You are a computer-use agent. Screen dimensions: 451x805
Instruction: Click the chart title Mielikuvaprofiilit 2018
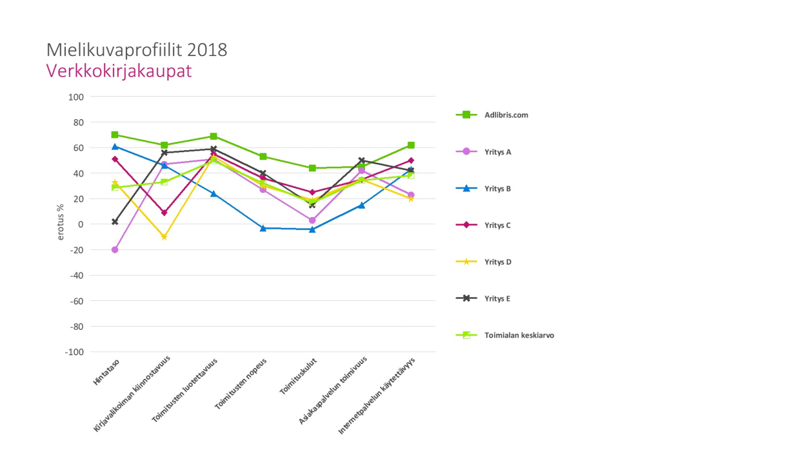[137, 50]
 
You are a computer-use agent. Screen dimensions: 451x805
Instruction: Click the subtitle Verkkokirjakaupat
[119, 71]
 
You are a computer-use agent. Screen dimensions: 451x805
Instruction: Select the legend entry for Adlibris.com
[506, 115]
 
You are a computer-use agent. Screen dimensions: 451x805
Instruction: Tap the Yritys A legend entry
[497, 152]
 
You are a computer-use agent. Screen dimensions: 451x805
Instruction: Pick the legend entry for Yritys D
[497, 262]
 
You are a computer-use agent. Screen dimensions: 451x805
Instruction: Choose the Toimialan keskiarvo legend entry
[519, 336]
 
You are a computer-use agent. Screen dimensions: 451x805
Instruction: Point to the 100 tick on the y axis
[76, 97]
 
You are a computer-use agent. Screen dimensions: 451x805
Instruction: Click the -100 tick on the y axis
[74, 352]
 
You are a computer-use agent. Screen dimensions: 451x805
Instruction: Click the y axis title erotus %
[61, 222]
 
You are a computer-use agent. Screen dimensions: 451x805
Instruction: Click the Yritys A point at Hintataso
[115, 250]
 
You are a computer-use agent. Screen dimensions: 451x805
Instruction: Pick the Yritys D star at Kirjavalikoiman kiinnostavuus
[164, 237]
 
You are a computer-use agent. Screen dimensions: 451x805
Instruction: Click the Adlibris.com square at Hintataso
[115, 135]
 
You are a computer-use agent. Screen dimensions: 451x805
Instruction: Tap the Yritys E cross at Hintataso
[115, 222]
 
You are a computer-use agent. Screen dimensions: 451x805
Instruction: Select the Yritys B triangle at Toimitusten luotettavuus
[214, 193]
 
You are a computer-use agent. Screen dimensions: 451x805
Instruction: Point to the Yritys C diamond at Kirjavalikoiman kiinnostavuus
[164, 213]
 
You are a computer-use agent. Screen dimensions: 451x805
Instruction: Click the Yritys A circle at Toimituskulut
[312, 220]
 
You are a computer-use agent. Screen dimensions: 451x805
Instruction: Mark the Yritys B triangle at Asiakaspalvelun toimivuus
[362, 205]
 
